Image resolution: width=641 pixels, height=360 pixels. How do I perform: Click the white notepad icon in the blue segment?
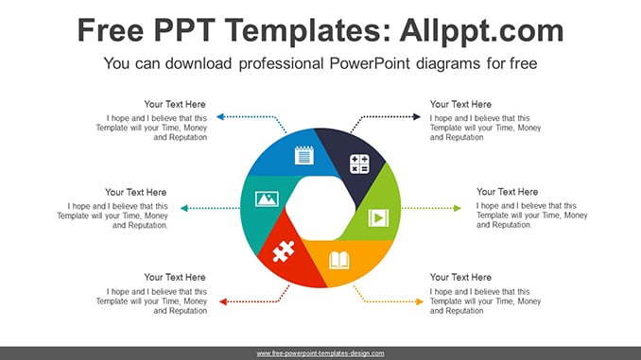304,155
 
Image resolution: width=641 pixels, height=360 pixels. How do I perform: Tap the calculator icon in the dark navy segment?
359,163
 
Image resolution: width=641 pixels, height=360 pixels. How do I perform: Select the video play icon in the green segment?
378,218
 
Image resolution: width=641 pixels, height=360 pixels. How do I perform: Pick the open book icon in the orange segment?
339,260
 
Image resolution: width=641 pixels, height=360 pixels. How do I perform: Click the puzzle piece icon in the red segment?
284,251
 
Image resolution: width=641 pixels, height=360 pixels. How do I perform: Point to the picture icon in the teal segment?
267,199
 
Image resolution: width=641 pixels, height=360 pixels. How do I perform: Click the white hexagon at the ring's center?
320,208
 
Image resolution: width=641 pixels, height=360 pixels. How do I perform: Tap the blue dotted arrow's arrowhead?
220,117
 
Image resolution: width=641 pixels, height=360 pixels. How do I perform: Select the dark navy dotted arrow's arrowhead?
417,117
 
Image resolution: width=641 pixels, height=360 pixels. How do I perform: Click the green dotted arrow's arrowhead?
458,209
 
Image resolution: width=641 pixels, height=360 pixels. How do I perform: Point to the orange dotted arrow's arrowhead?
420,302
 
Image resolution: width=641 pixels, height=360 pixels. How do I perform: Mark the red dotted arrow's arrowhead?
223,302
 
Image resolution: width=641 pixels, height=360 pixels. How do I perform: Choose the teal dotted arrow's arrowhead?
184,209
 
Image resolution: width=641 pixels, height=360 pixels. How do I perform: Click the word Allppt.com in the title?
481,31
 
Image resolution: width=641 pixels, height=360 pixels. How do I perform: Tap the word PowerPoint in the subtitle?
370,63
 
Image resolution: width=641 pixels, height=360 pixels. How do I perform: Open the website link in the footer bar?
320,353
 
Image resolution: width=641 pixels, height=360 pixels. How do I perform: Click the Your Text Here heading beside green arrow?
507,192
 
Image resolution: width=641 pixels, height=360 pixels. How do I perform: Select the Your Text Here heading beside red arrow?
175,278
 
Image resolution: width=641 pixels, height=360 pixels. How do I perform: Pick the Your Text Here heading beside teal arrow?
136,193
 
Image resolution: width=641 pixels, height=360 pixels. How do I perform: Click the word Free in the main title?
111,30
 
